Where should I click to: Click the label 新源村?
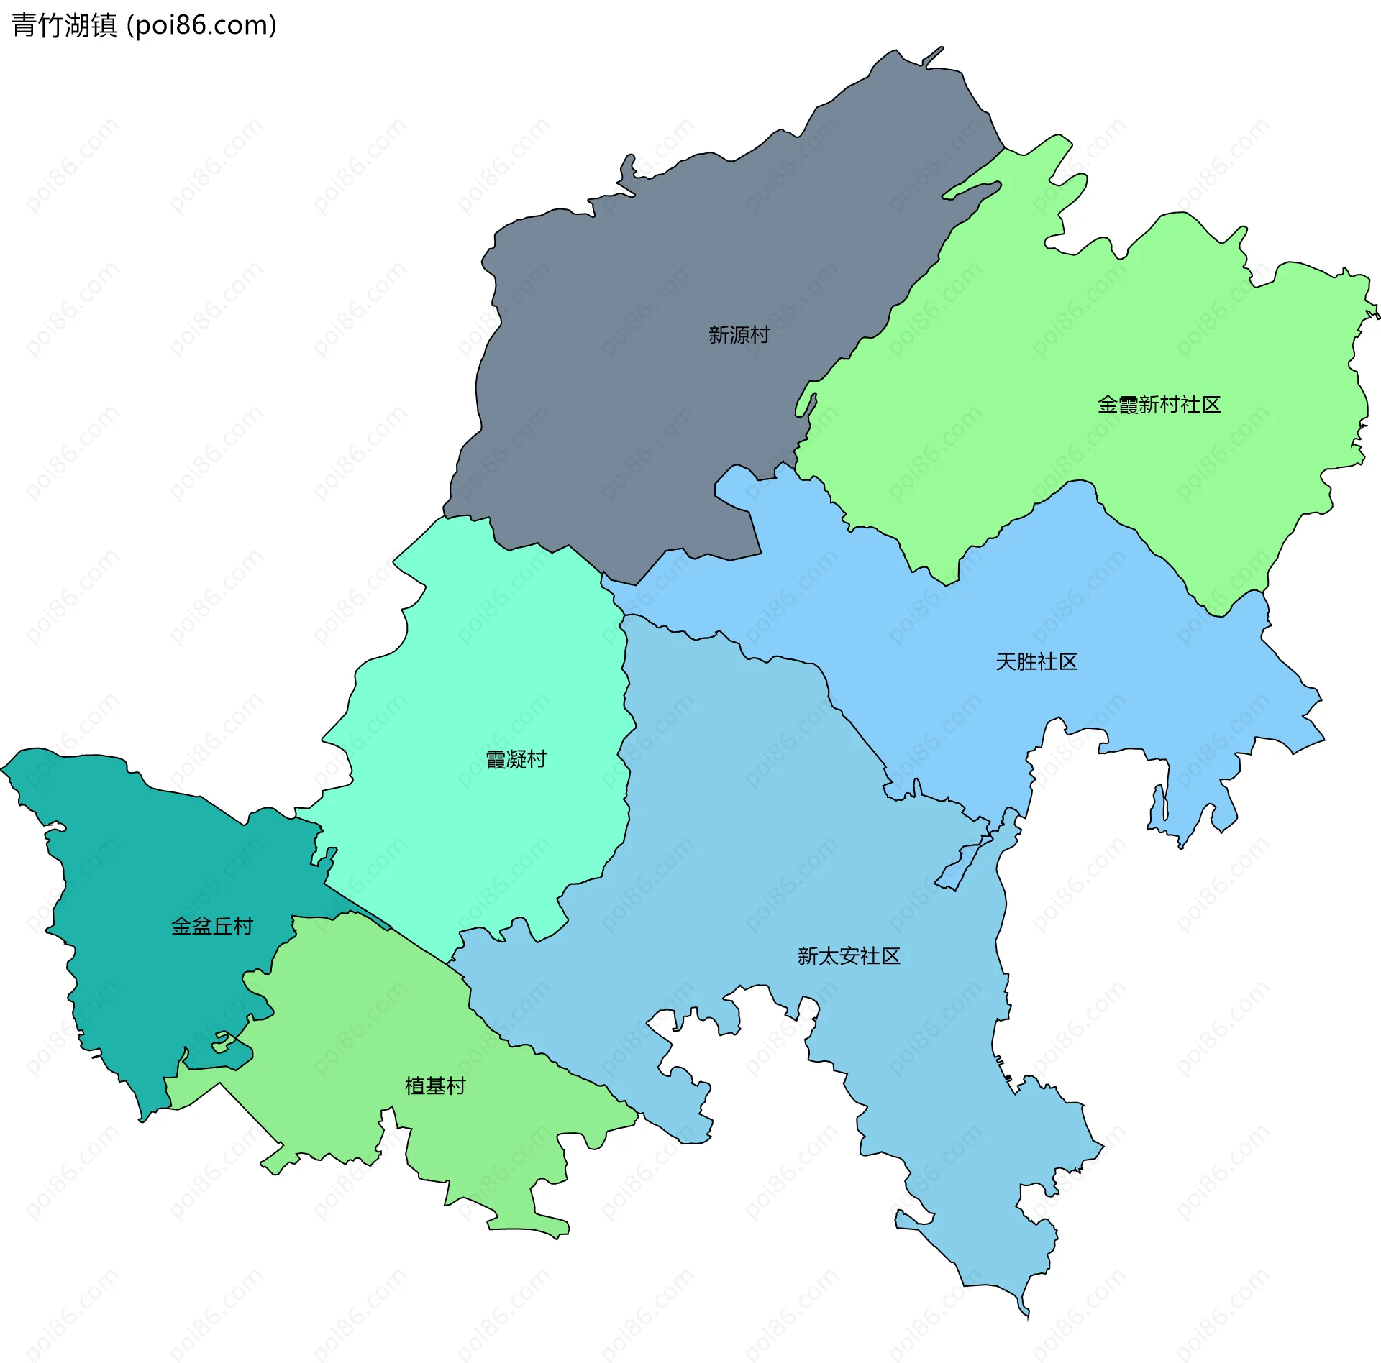click(x=739, y=335)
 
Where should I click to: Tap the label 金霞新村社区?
click(x=1159, y=405)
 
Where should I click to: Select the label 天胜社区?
click(x=1036, y=662)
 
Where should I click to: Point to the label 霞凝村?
click(x=516, y=759)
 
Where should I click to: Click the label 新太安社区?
click(x=849, y=956)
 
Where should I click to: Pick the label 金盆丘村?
click(x=212, y=926)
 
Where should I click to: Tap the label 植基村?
click(x=435, y=1086)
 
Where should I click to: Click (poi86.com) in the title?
click(x=201, y=25)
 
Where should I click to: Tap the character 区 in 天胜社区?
click(x=1068, y=662)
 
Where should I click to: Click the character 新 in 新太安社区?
click(x=808, y=956)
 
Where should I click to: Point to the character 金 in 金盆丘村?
click(x=181, y=926)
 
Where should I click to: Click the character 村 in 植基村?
click(x=456, y=1086)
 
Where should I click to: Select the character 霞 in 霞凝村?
click(x=496, y=759)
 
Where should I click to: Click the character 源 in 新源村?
click(x=739, y=335)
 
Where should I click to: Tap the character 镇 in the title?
click(x=104, y=25)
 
